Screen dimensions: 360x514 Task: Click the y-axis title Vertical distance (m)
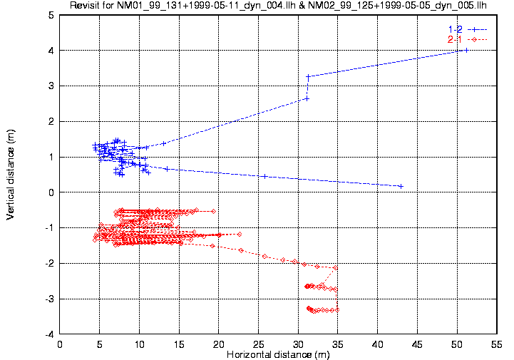point(11,174)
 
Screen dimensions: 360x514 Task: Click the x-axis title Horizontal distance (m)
point(279,354)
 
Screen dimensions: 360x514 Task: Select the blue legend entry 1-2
point(453,29)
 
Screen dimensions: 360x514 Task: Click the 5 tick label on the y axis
point(52,15)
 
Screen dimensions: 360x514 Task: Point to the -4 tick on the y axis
point(50,334)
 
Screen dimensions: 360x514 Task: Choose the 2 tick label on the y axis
point(52,121)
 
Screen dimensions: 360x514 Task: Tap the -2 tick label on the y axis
point(50,263)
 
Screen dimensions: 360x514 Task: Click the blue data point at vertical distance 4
point(466,50)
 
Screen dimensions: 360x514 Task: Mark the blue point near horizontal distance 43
point(401,186)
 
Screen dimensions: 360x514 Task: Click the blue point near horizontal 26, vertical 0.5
point(264,176)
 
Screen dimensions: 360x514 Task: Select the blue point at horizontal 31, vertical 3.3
point(308,76)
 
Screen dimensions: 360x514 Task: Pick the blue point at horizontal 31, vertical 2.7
point(307,98)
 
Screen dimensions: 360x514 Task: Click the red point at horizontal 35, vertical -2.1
point(336,267)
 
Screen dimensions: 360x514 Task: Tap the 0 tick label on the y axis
point(52,192)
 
